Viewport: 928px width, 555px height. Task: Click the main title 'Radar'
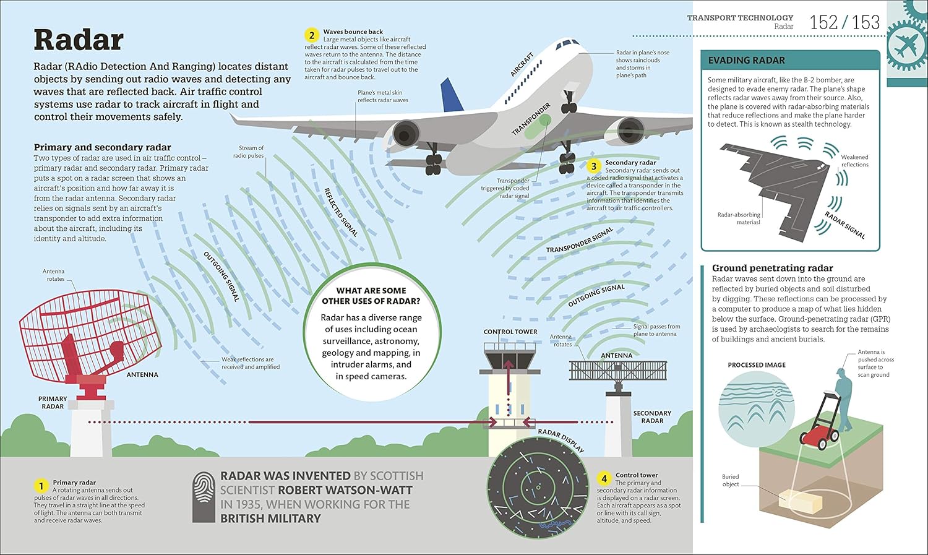(79, 40)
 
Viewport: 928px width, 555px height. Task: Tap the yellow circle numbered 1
(41, 486)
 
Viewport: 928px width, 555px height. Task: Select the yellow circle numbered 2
(312, 35)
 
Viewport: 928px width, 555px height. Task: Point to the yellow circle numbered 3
(594, 166)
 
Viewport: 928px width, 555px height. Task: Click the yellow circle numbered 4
(604, 479)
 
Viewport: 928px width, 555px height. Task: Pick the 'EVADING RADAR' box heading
(746, 60)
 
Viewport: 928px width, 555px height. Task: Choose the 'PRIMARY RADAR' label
(53, 403)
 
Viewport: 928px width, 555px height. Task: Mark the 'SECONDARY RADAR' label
(652, 416)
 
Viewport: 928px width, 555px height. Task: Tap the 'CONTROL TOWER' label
(510, 332)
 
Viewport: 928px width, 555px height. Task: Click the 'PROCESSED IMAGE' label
(757, 365)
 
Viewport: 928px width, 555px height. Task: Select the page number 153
(866, 23)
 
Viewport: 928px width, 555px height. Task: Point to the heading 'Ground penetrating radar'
(772, 268)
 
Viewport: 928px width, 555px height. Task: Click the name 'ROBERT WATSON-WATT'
(345, 490)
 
